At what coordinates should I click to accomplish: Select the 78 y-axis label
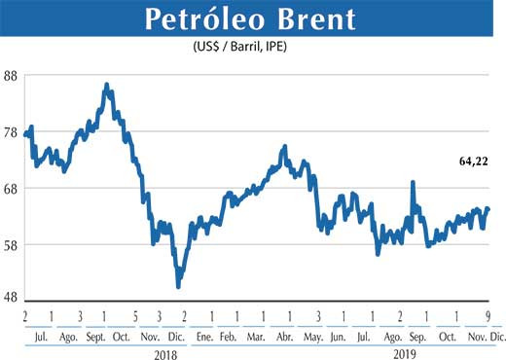point(12,132)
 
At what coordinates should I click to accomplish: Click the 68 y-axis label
point(12,188)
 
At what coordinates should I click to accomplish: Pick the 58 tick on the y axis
point(12,243)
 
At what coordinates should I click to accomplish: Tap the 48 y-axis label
point(12,299)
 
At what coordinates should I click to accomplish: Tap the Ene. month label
point(203,337)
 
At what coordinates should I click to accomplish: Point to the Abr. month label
point(284,337)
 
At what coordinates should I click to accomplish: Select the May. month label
point(313,337)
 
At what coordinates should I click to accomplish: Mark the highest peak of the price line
point(106,86)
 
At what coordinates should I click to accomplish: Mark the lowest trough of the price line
point(178,285)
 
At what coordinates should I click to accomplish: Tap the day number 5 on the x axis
point(133,317)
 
